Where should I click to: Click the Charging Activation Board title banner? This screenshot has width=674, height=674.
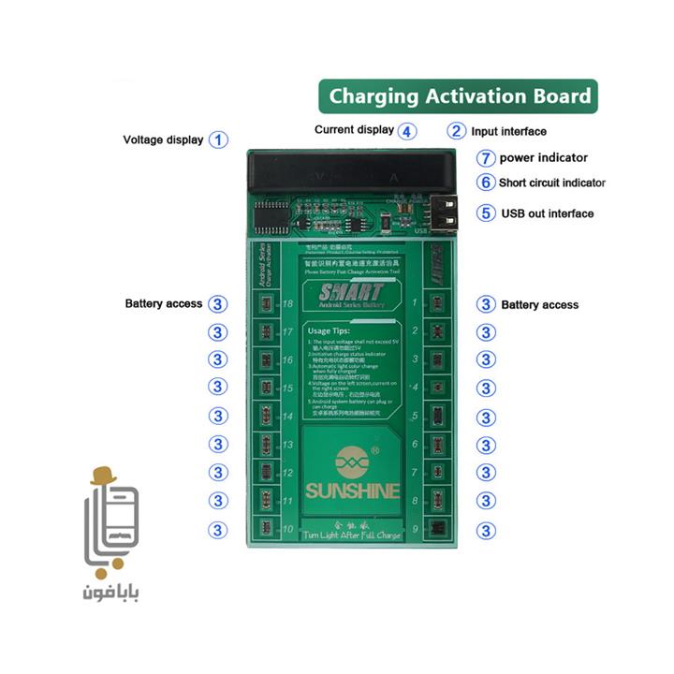tap(458, 95)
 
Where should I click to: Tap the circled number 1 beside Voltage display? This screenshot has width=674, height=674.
tap(218, 139)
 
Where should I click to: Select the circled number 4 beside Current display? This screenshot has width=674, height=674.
tap(405, 131)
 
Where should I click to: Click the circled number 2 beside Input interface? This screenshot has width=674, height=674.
tap(456, 131)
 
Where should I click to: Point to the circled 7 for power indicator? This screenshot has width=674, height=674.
tap(485, 157)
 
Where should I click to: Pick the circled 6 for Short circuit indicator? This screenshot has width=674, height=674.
tap(485, 183)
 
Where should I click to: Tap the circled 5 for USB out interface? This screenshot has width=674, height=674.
tap(485, 212)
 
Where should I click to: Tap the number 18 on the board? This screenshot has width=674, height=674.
tap(287, 304)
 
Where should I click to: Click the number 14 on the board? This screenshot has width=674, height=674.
tap(287, 417)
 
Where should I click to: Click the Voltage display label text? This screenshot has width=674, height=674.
tap(163, 139)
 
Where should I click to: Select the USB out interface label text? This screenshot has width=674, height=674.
tap(547, 213)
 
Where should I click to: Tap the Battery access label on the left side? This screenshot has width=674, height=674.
tap(164, 304)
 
